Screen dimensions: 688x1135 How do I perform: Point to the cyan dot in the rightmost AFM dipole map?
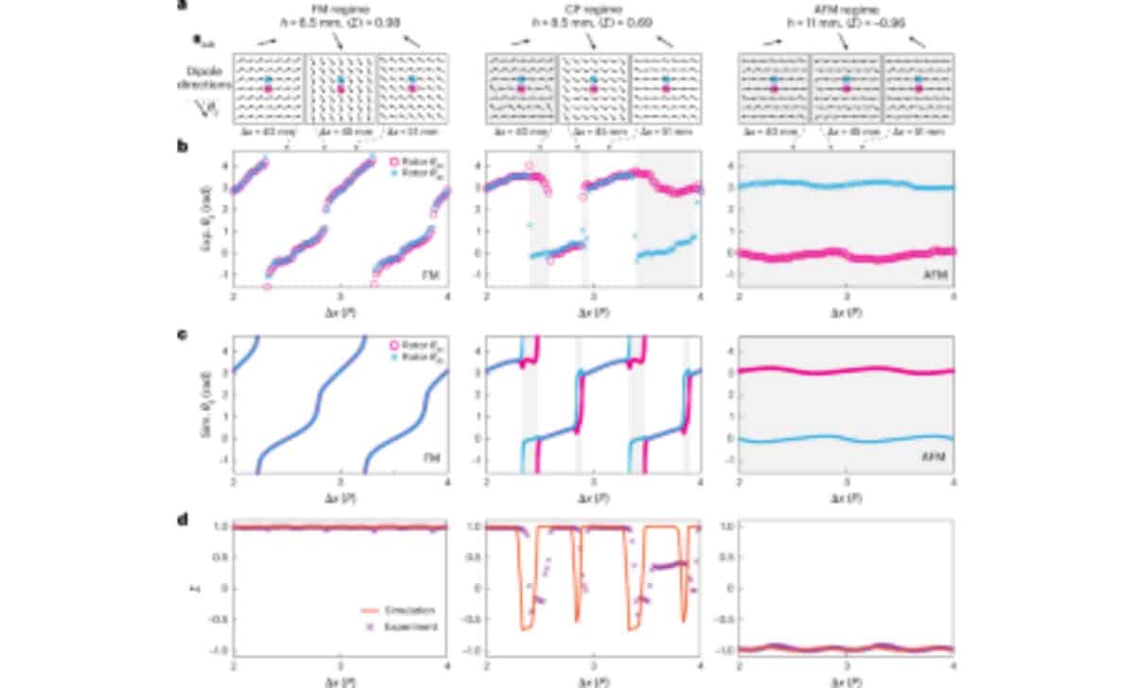point(917,79)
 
